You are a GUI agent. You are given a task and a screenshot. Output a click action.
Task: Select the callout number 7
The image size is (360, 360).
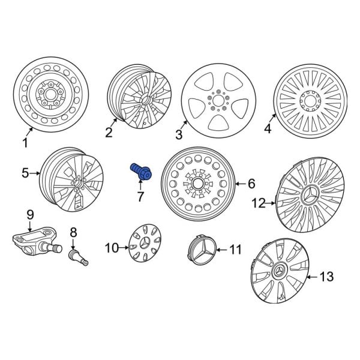tap(140, 196)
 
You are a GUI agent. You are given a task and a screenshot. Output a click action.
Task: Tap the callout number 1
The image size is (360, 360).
tap(25, 143)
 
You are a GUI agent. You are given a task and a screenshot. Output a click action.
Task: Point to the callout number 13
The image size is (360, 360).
tap(326, 277)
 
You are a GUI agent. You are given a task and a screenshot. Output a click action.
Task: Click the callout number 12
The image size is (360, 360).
tap(258, 204)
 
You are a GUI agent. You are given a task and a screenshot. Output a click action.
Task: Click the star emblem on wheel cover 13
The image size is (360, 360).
tap(279, 275)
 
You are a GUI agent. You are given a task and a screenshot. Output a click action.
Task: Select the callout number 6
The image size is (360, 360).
tap(251, 184)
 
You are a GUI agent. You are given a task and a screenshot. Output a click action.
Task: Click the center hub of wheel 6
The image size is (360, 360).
tap(197, 182)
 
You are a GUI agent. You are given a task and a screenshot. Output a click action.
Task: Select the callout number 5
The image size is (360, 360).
tap(25, 174)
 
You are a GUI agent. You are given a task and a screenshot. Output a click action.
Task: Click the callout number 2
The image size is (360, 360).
tap(109, 133)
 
